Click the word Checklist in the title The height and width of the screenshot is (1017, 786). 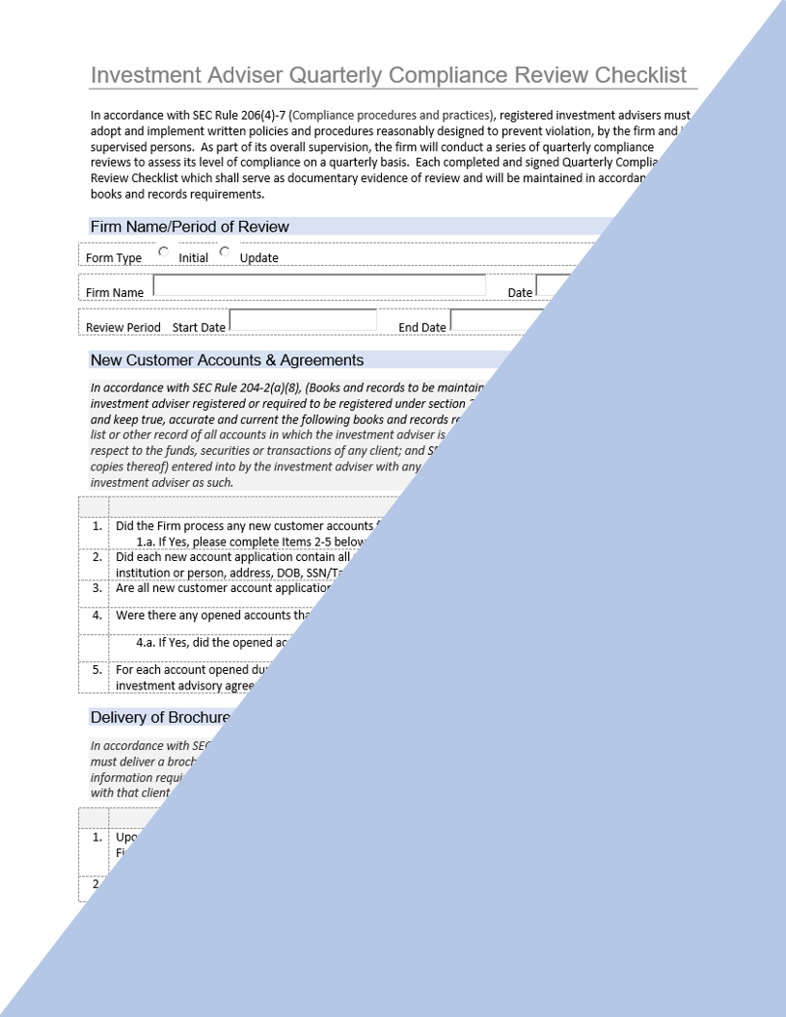640,75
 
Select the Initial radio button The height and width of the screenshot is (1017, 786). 163,253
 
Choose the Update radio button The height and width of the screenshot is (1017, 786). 225,253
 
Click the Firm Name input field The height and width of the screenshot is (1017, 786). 319,286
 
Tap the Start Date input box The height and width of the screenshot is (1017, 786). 303,321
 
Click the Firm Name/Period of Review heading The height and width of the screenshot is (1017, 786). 190,227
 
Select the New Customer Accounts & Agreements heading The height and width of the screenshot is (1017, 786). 227,361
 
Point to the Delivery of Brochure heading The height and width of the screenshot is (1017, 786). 160,717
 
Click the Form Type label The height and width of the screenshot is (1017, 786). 114,258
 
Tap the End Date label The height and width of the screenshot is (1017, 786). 422,328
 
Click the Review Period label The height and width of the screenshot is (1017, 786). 123,328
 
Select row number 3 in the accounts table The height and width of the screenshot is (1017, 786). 96,588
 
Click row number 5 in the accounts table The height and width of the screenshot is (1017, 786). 96,670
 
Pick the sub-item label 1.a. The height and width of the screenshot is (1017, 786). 147,543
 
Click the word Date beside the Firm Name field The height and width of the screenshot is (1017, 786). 520,293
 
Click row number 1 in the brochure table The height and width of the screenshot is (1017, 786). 96,838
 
